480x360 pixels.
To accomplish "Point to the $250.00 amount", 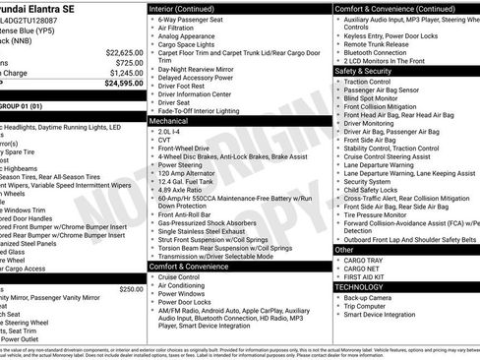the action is [x=130, y=289].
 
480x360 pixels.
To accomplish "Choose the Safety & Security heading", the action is [x=370, y=71].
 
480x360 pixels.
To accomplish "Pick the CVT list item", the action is [x=165, y=140].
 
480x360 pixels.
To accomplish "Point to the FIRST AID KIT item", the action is [x=369, y=277].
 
